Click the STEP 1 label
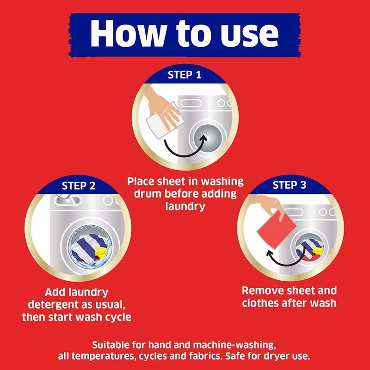coord(184,75)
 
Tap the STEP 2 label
coord(79,186)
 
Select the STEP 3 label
coord(290,185)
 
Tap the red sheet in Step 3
coord(276,229)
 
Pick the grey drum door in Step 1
coord(208,138)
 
